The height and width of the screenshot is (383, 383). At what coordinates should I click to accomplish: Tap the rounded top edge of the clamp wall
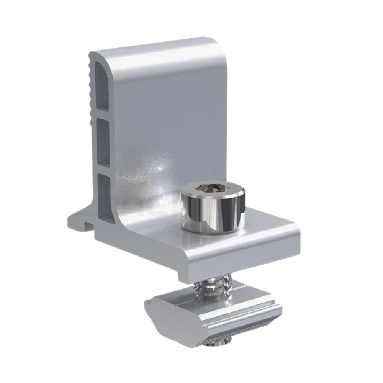tap(153, 48)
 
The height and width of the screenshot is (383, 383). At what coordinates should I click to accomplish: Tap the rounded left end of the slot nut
tap(153, 310)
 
